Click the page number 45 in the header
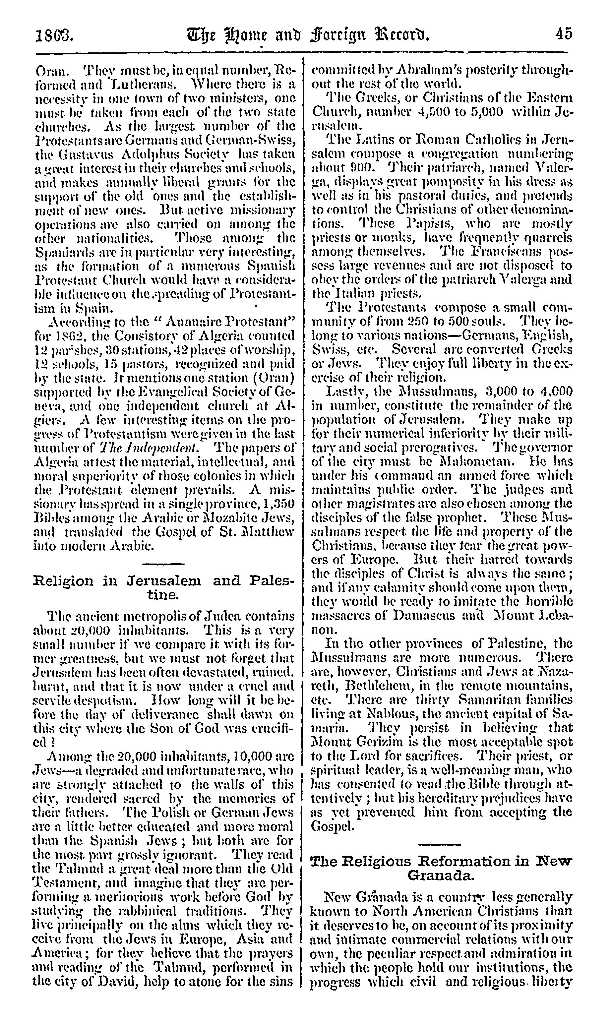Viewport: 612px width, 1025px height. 563,33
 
